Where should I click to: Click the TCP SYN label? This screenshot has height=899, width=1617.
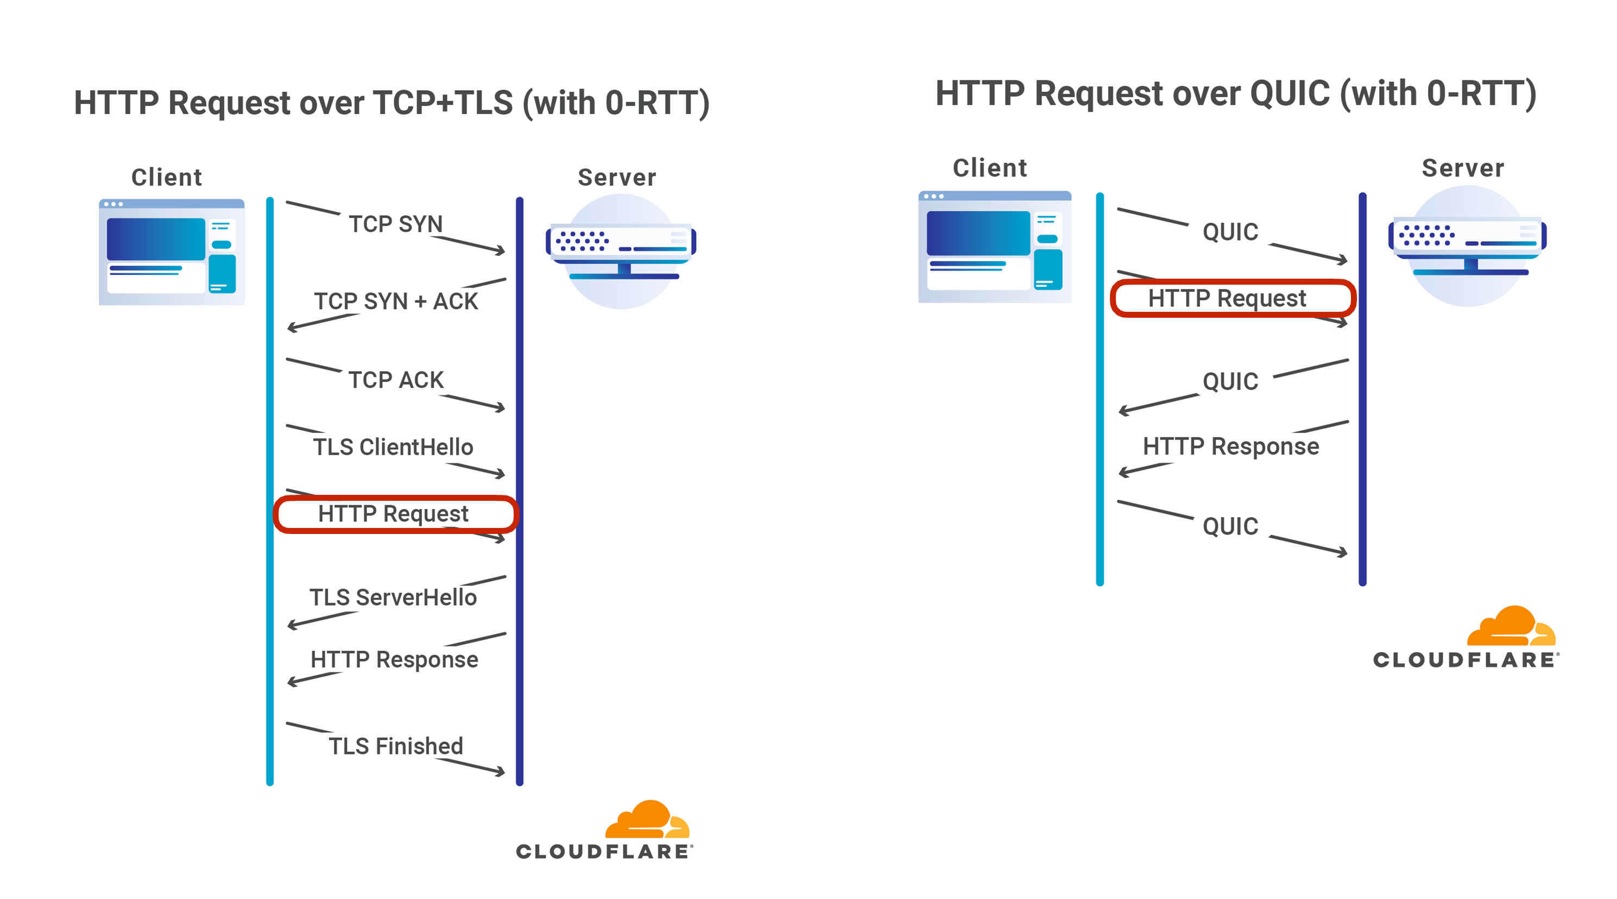point(395,224)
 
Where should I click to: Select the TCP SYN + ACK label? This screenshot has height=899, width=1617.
point(395,301)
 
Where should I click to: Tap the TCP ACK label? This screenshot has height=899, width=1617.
point(395,380)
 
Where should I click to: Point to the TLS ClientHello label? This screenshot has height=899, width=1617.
point(393,447)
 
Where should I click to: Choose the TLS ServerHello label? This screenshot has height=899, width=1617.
point(393,597)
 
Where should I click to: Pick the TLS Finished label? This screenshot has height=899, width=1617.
point(395,746)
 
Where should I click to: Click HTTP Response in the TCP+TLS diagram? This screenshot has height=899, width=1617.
point(394,659)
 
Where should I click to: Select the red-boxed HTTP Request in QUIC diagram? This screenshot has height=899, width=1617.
point(1227,298)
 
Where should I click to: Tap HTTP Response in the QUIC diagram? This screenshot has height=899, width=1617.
point(1230,447)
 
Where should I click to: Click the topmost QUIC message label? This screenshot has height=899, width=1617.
point(1230,231)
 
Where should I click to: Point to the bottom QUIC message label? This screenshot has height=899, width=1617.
point(1230,526)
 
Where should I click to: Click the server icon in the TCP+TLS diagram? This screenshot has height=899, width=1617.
point(620,251)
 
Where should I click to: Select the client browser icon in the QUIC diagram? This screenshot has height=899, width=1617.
point(994,247)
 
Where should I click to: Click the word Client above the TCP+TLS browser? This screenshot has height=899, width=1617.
point(166,178)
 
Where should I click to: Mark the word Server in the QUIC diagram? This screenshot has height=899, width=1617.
point(1463,168)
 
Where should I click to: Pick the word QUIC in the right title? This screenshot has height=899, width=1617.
point(1290,93)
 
